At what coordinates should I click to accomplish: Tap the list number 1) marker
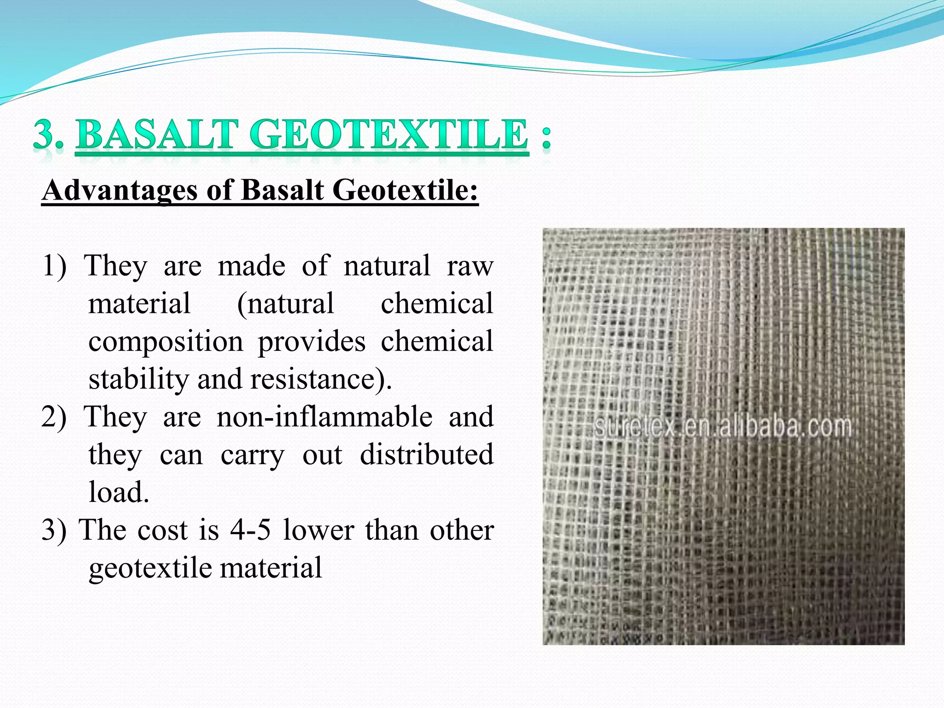54,266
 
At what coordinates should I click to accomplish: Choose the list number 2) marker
54,417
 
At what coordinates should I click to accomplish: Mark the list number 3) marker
54,530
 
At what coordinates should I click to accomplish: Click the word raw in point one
470,266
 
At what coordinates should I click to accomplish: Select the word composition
165,342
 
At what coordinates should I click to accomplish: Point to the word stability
137,379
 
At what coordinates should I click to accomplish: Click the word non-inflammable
324,417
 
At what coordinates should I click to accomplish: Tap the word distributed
426,454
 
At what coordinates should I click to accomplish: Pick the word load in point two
118,492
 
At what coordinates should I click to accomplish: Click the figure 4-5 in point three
250,530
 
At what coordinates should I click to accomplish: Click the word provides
312,342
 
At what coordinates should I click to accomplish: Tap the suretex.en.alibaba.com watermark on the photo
722,426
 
